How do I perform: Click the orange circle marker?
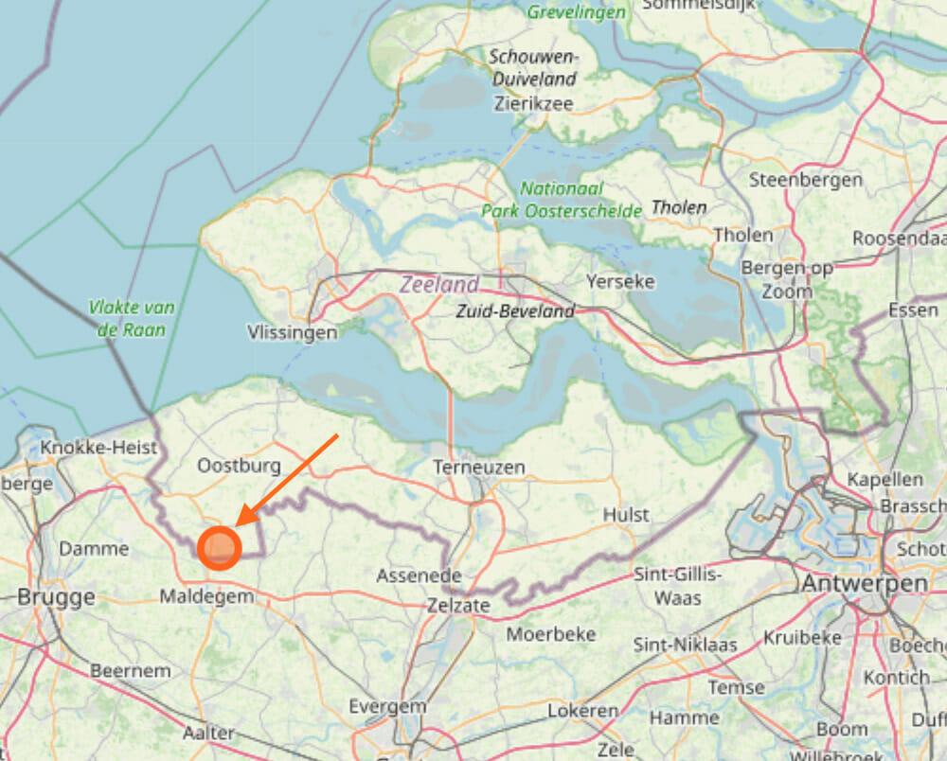click(x=220, y=548)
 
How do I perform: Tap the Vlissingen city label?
click(x=292, y=332)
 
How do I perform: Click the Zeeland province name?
click(x=438, y=285)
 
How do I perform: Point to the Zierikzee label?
click(x=533, y=104)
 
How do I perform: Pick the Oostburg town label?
click(x=240, y=466)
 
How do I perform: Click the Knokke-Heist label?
click(x=98, y=448)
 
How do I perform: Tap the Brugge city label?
click(x=56, y=597)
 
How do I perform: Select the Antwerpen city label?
click(x=865, y=584)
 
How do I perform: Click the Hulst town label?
click(x=626, y=515)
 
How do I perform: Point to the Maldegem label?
click(x=206, y=597)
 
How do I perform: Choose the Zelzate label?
click(x=458, y=605)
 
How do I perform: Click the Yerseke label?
click(x=620, y=281)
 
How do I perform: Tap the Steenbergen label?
click(x=805, y=179)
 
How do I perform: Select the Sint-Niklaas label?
click(x=686, y=645)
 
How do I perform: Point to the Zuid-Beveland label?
click(x=514, y=311)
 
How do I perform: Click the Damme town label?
click(x=94, y=549)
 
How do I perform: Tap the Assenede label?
click(x=419, y=575)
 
